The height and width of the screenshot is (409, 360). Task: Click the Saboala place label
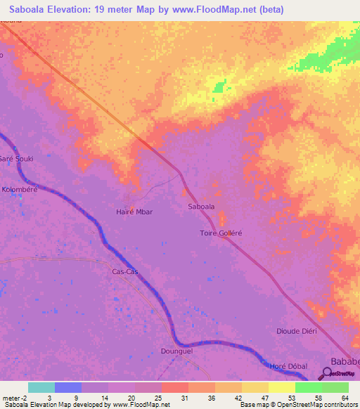pos(201,207)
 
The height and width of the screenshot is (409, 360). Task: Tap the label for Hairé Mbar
pos(134,211)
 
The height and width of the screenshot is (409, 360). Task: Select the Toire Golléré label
pos(221,233)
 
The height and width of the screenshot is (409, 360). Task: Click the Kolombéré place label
pos(19,189)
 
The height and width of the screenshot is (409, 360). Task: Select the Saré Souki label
pos(15,159)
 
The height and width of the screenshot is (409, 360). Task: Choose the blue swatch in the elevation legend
pos(67,387)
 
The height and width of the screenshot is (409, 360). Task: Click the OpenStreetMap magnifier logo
pos(328,373)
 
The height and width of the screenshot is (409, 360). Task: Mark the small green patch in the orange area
pos(221,86)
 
